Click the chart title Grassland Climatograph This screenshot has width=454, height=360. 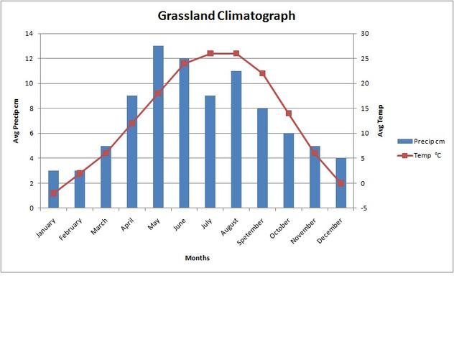(227, 16)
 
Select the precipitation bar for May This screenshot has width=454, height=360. (158, 126)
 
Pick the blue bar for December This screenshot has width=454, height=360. (340, 183)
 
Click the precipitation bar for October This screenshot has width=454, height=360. (288, 170)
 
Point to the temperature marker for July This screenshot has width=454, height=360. (210, 53)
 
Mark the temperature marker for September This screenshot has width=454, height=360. (262, 73)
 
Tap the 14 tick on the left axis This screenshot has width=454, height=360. (28, 34)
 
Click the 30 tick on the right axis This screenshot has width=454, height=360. (365, 34)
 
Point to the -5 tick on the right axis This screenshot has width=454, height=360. (364, 208)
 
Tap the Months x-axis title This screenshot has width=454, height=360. (197, 257)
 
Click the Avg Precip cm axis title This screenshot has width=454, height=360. (16, 121)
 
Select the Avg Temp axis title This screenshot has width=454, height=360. (381, 121)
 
